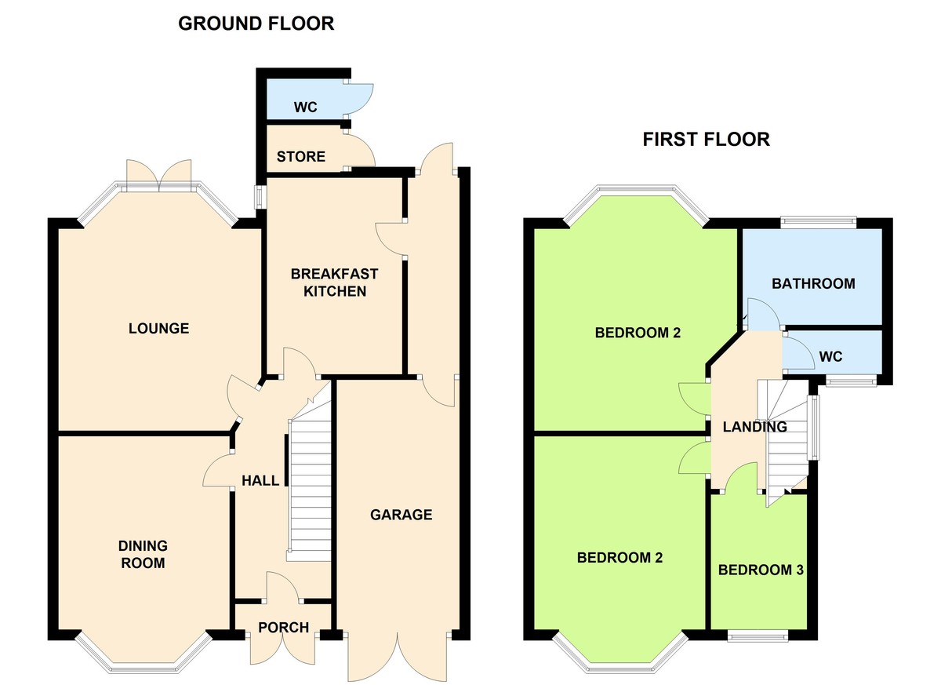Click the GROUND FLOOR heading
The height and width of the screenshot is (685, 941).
coord(256,24)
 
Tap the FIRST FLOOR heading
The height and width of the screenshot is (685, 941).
coord(706,140)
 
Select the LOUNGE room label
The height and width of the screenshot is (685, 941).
coord(158,328)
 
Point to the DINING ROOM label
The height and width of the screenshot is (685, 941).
coord(143,554)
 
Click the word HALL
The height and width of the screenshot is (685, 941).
coord(260,480)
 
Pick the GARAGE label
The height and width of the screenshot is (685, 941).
coord(401,515)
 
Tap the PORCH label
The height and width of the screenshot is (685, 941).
coord(283,627)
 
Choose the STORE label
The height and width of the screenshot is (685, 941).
coord(300,157)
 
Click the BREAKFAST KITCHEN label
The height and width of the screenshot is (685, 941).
coord(334,282)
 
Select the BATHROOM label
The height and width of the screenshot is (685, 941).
coord(813,283)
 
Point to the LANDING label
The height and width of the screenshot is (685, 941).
coord(754,428)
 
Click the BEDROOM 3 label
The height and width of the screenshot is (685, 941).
coord(761,570)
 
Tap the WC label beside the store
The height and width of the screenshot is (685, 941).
coord(305,107)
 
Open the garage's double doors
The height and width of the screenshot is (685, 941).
coord(399,655)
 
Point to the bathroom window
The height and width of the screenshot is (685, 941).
coord(818,223)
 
